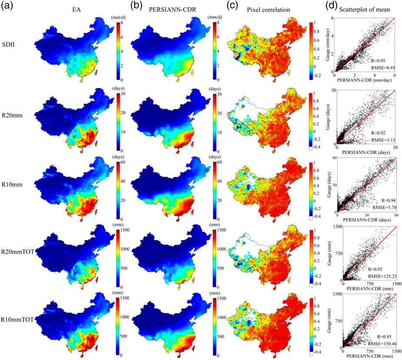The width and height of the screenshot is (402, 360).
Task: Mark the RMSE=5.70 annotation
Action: pyautogui.click(x=384, y=208)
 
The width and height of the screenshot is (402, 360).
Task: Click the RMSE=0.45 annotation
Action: pyautogui.click(x=382, y=67)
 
